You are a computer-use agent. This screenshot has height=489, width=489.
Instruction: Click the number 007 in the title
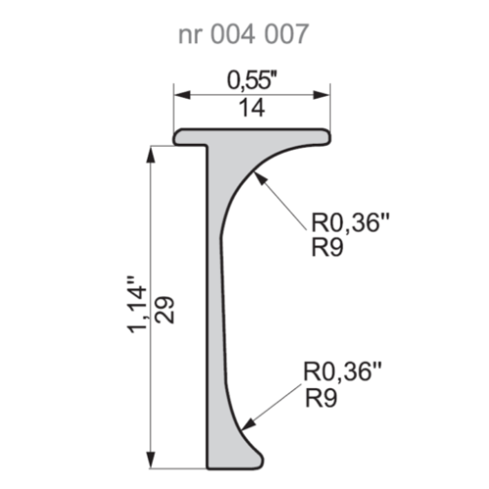pos(286,35)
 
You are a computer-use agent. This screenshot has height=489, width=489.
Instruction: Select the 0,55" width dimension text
pos(251,75)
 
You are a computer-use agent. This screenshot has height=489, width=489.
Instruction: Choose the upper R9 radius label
pos(326,247)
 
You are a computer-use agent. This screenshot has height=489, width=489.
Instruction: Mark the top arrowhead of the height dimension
pos(151,153)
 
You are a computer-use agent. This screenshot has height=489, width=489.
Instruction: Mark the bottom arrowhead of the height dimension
pos(151,462)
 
